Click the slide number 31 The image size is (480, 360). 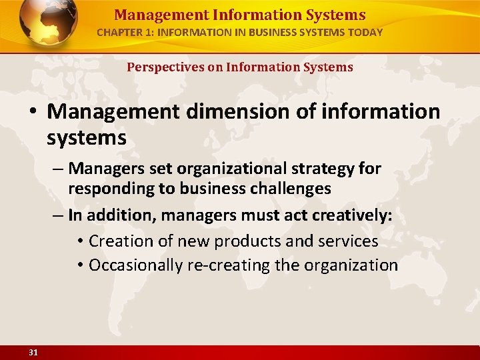point(33,353)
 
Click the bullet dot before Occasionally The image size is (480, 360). point(79,265)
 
